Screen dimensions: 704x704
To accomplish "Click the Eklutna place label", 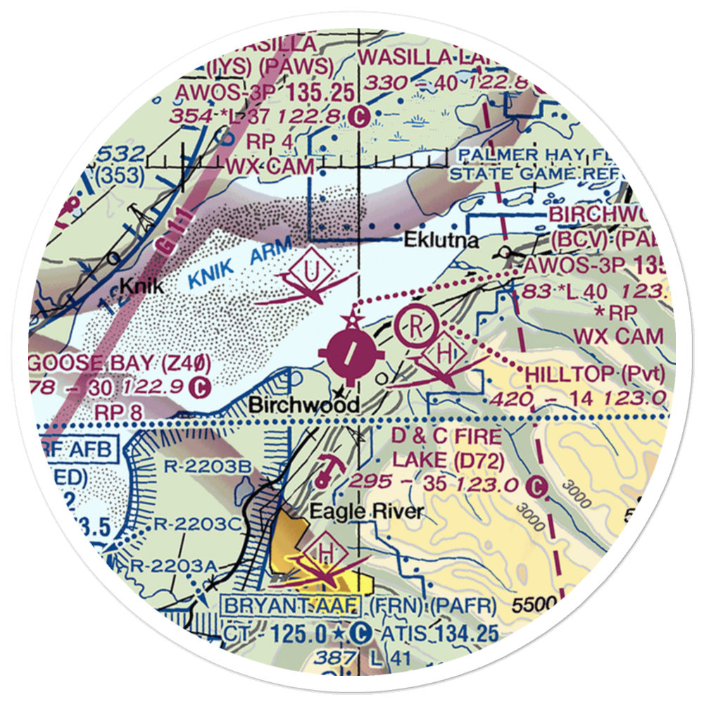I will click(x=441, y=241).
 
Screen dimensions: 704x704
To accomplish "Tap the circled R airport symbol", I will click(x=417, y=327).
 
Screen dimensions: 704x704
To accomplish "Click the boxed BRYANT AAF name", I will click(x=291, y=605).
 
